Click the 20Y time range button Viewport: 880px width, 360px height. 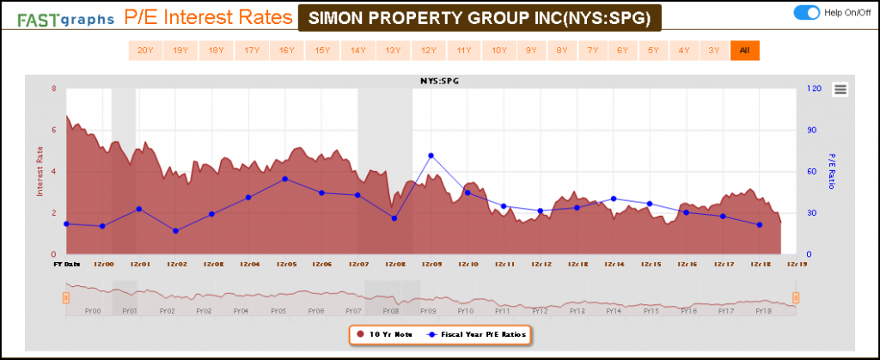tap(144, 51)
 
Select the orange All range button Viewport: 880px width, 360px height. tap(744, 51)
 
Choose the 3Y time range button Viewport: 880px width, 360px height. tap(713, 51)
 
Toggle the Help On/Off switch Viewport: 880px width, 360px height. tap(808, 12)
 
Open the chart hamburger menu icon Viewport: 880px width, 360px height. tap(840, 89)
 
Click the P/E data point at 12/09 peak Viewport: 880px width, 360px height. tap(431, 156)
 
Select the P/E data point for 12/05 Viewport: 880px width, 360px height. tap(285, 179)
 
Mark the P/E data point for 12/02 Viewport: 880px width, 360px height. tap(175, 231)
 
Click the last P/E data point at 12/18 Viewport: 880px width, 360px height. tap(760, 225)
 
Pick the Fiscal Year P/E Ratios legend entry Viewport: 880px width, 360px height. tap(475, 333)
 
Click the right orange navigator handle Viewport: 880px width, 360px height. tap(796, 297)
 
